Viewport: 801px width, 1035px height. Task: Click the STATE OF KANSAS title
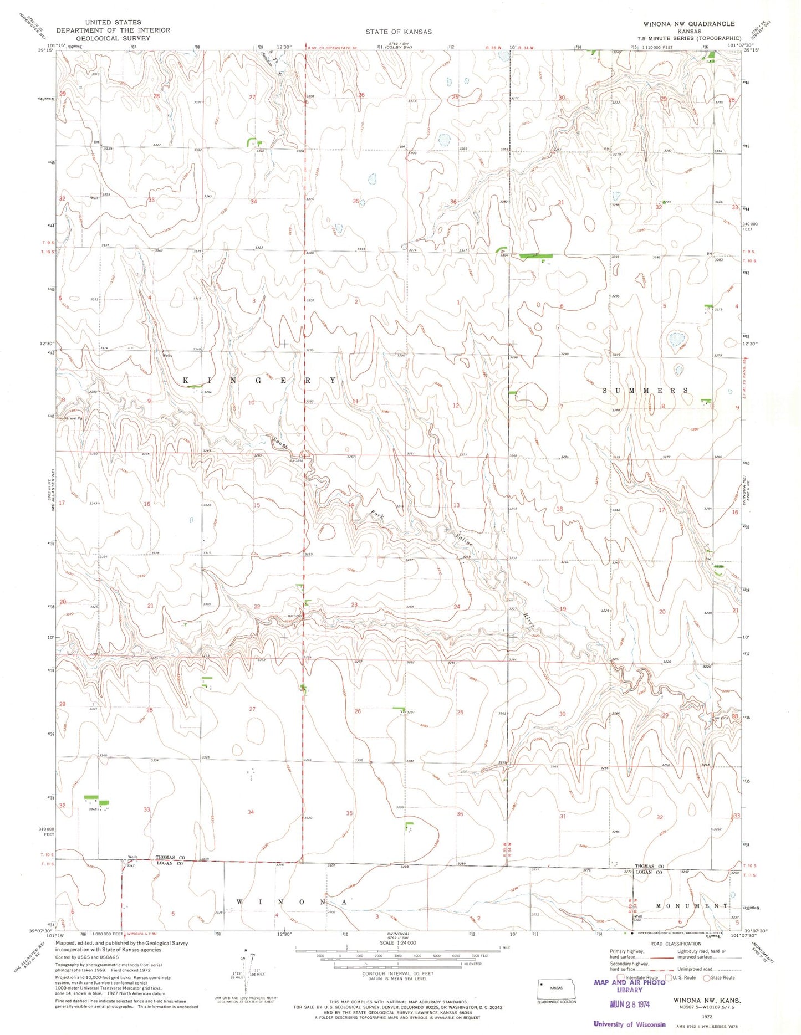[398, 32]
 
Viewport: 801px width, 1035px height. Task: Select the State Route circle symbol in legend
[707, 978]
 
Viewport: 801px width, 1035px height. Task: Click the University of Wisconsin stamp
[629, 1024]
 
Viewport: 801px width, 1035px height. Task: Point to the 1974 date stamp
[630, 1004]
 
